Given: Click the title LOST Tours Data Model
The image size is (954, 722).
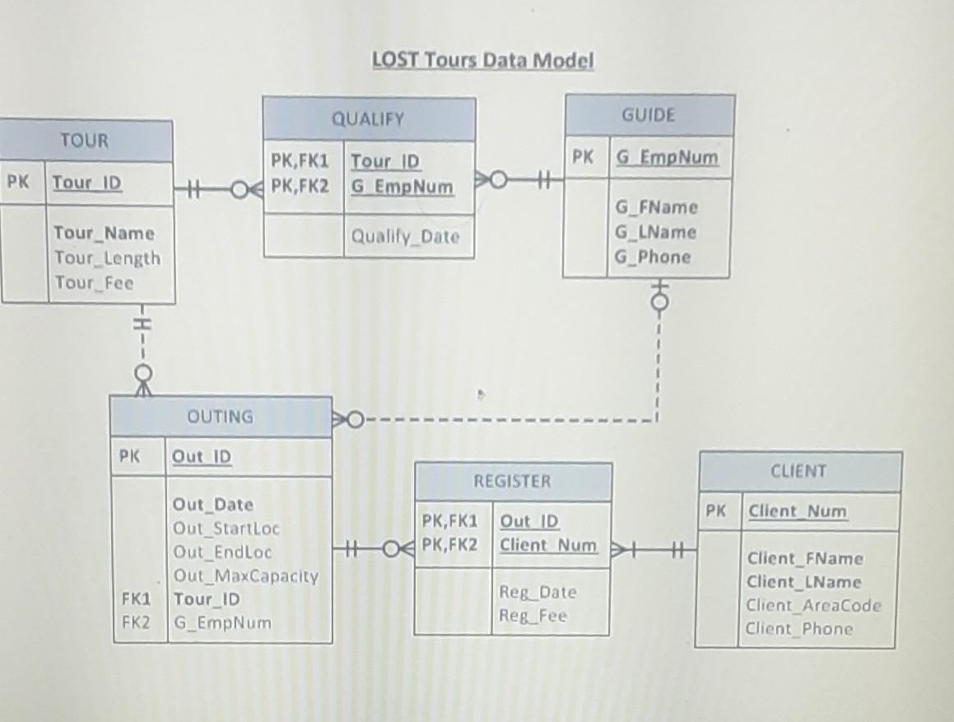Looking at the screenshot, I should click(x=482, y=61).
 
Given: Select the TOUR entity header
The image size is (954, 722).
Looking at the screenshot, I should click(x=85, y=141).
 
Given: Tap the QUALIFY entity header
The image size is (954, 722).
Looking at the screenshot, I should click(x=368, y=119).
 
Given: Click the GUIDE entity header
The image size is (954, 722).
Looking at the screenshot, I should click(x=649, y=115).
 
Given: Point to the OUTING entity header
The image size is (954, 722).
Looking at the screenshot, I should click(x=221, y=417).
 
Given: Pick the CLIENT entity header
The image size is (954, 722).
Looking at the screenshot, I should click(x=798, y=472).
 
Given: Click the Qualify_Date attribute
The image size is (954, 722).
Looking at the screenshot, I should click(x=406, y=237).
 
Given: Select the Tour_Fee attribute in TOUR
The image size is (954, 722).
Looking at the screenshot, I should click(x=94, y=283).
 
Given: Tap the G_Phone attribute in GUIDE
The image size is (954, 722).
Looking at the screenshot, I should click(x=653, y=257).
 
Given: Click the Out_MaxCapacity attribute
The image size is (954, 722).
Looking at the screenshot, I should click(x=245, y=575).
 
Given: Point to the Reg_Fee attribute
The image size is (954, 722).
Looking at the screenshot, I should click(x=533, y=616).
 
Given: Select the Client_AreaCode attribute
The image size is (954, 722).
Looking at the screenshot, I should click(x=813, y=606).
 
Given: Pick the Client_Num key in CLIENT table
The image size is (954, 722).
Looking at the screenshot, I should click(x=797, y=511).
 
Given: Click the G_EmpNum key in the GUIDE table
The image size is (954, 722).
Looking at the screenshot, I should click(x=666, y=157).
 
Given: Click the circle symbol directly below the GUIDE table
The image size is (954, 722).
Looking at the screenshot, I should click(x=657, y=302).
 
